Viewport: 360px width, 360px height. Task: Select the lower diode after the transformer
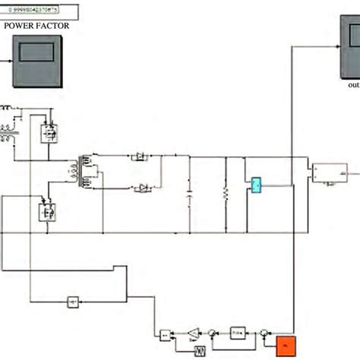pos(142,187)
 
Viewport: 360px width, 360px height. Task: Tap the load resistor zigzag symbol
pos(225,196)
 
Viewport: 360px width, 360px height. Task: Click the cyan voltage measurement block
pos(256,185)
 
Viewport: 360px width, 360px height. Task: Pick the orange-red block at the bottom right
pos(286,346)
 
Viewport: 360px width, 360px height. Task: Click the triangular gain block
pos(194,333)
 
